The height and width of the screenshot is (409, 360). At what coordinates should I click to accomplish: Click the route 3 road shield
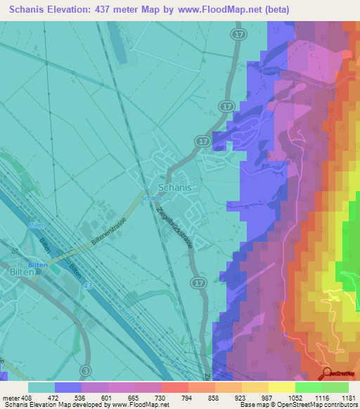tap(85, 370)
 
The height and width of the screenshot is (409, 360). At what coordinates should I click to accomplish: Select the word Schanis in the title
tap(32, 9)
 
